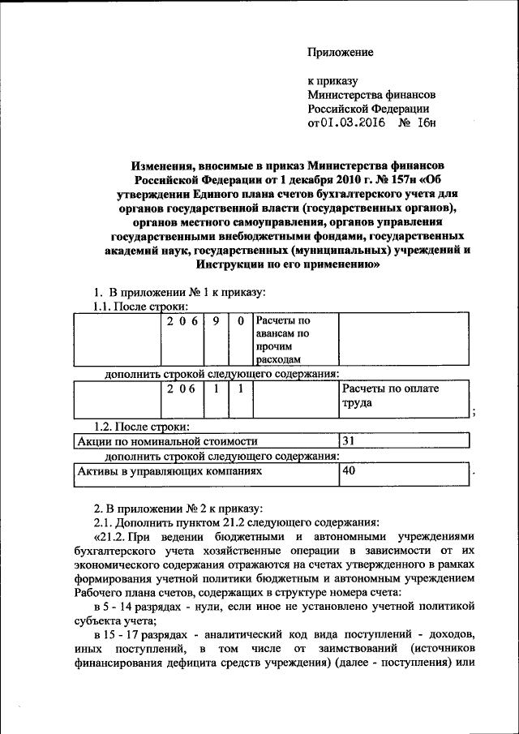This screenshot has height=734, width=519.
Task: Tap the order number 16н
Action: click(x=425, y=123)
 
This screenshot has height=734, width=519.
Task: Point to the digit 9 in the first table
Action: click(x=216, y=321)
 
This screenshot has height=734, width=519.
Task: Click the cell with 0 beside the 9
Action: click(x=241, y=321)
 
